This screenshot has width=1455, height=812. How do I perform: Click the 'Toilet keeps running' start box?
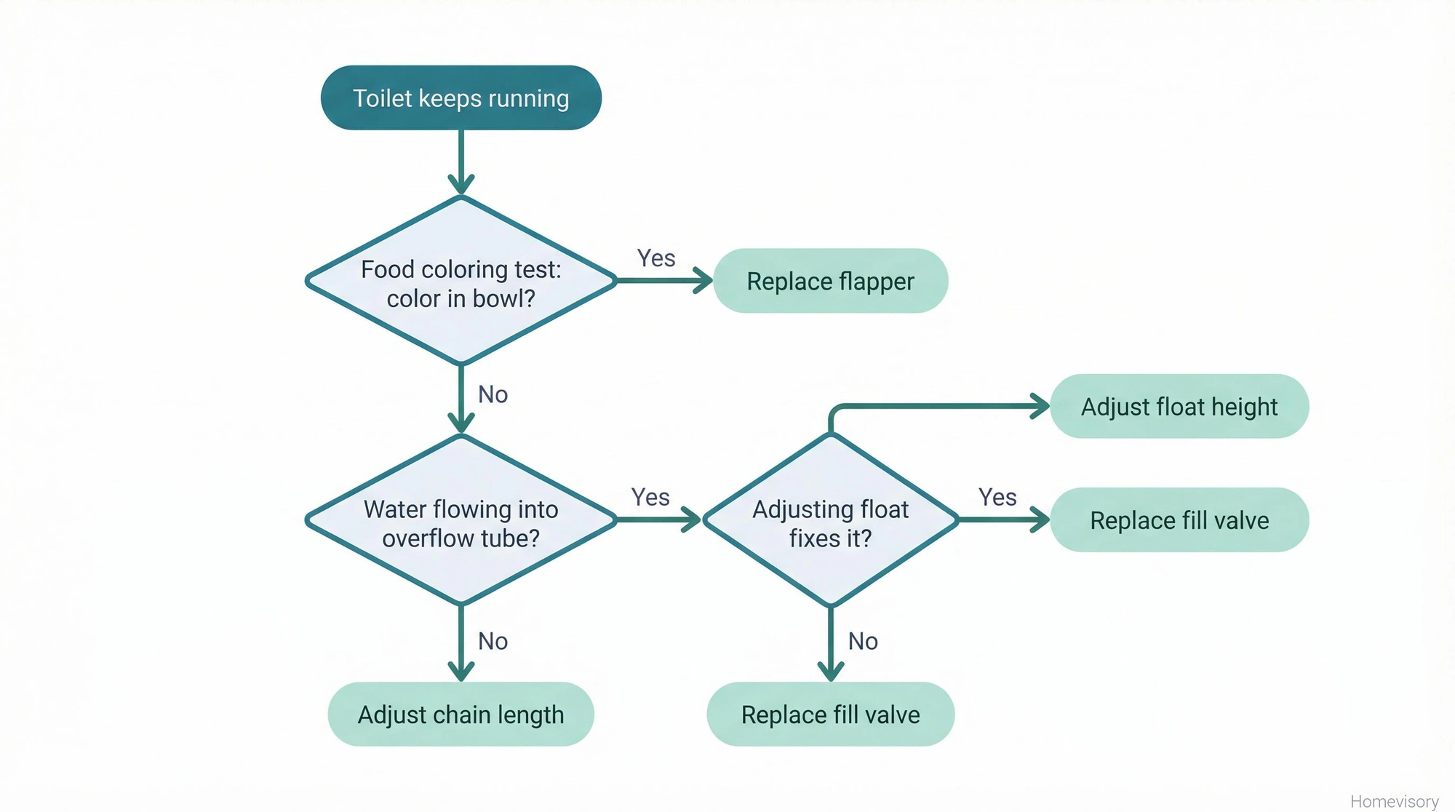click(x=461, y=98)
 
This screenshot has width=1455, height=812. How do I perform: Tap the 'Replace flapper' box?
click(x=830, y=282)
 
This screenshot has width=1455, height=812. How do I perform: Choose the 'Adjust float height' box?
click(x=1179, y=407)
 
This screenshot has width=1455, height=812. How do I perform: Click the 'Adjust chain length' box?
click(x=461, y=715)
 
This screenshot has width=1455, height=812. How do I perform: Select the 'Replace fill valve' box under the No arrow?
click(x=830, y=715)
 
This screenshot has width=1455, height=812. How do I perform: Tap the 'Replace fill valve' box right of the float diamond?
click(x=1179, y=520)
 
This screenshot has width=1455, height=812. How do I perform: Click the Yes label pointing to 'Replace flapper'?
click(x=656, y=258)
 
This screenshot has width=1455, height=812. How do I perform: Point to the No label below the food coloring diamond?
click(x=493, y=395)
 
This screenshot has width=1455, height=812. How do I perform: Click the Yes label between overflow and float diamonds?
click(x=650, y=498)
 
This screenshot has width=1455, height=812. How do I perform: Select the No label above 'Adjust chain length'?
click(x=493, y=642)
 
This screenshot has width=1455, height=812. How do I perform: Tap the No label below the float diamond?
click(x=863, y=642)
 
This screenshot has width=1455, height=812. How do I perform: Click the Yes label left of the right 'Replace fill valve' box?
click(x=997, y=498)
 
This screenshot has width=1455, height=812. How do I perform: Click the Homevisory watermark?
click(x=1394, y=801)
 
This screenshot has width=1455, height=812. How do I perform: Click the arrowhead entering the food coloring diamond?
click(x=461, y=185)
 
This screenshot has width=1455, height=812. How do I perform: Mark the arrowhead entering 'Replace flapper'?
click(x=703, y=281)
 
